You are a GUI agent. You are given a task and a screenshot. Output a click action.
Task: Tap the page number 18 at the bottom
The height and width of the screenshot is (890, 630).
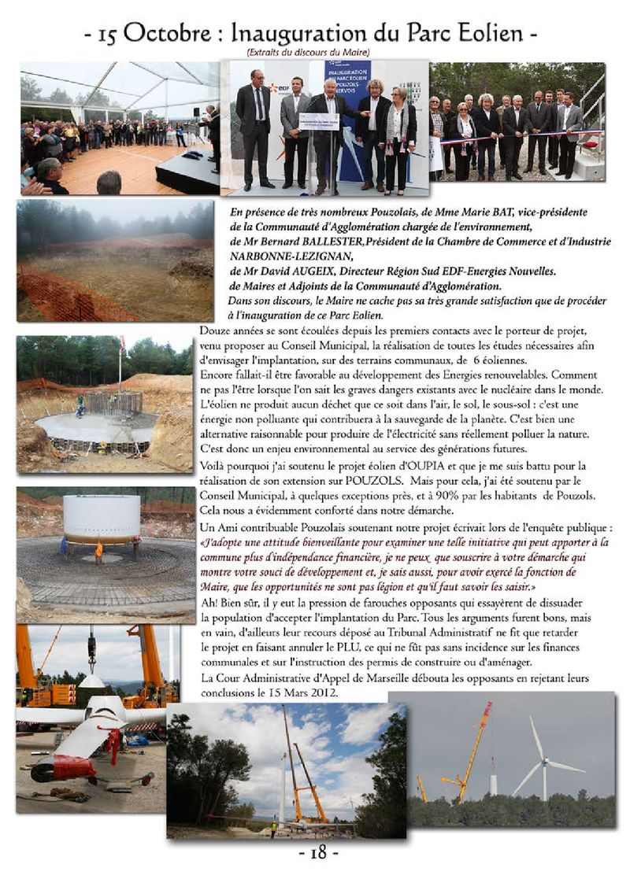[x=317, y=852]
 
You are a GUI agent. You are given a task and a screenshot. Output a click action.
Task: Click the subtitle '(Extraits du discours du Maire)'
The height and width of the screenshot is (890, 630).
[x=307, y=52]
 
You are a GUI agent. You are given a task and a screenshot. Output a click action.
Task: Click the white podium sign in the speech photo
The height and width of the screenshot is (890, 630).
[x=319, y=122]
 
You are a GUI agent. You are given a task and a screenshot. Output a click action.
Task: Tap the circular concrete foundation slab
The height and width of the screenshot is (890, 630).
[x=94, y=429]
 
